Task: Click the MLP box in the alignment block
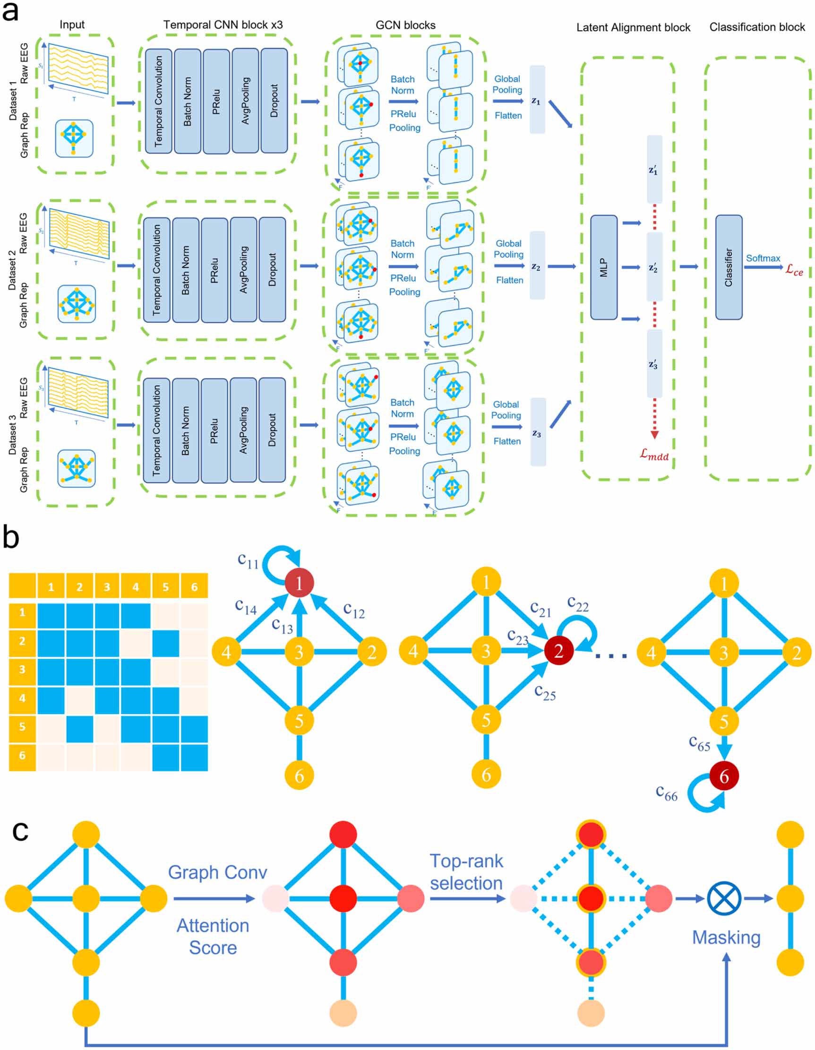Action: [x=603, y=267]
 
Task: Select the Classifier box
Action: [x=729, y=267]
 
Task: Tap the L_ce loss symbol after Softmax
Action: [x=794, y=270]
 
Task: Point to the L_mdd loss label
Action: [x=654, y=454]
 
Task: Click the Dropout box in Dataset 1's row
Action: [x=274, y=101]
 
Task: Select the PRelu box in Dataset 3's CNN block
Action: [x=214, y=430]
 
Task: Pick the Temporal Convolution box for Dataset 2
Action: [x=156, y=270]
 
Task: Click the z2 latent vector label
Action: [x=536, y=267]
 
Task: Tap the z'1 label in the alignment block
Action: [x=653, y=170]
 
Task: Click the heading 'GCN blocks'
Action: [x=405, y=25]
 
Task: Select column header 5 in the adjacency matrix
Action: [x=165, y=586]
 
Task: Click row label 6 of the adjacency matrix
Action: [x=22, y=755]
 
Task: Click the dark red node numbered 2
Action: [x=558, y=651]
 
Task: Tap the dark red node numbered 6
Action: [x=724, y=776]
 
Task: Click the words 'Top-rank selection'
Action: [x=466, y=872]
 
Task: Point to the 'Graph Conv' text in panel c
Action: [x=217, y=872]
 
